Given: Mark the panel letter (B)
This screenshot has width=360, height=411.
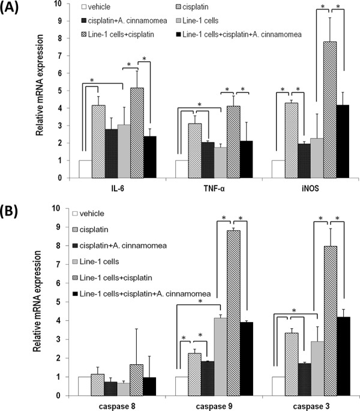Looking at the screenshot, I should tap(13, 212).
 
